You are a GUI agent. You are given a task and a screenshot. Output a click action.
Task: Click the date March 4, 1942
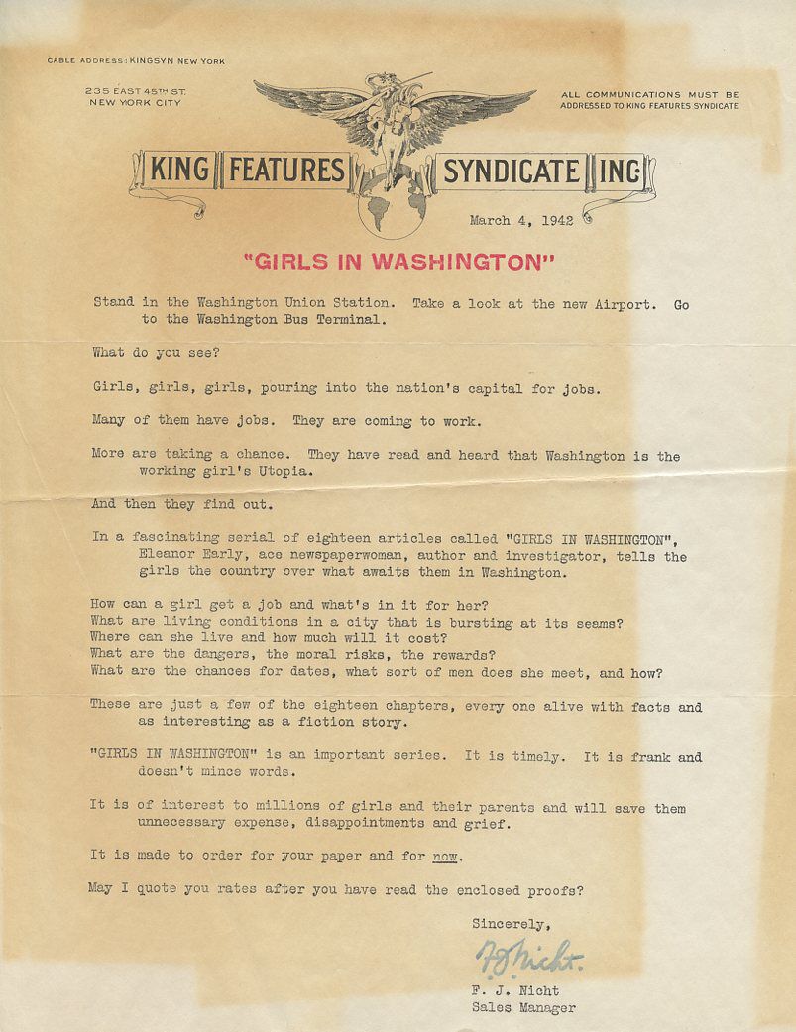(x=521, y=221)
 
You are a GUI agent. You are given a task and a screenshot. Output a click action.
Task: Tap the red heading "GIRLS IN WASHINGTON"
(x=398, y=262)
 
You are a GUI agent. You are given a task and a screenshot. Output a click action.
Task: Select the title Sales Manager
(x=523, y=1008)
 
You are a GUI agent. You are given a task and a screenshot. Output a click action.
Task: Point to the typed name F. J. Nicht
(x=515, y=990)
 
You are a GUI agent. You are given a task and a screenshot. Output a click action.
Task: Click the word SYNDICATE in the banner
(x=511, y=172)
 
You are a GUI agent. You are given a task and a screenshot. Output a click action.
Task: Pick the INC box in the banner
(x=620, y=172)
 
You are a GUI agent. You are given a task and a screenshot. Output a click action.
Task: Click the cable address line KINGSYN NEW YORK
(x=137, y=61)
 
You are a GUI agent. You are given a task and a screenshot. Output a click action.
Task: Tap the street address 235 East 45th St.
(x=137, y=91)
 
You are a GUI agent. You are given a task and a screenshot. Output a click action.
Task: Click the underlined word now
(x=445, y=856)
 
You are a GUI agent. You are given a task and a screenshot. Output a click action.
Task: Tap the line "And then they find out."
(x=180, y=504)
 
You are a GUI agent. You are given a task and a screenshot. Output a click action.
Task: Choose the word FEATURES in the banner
(x=286, y=171)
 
